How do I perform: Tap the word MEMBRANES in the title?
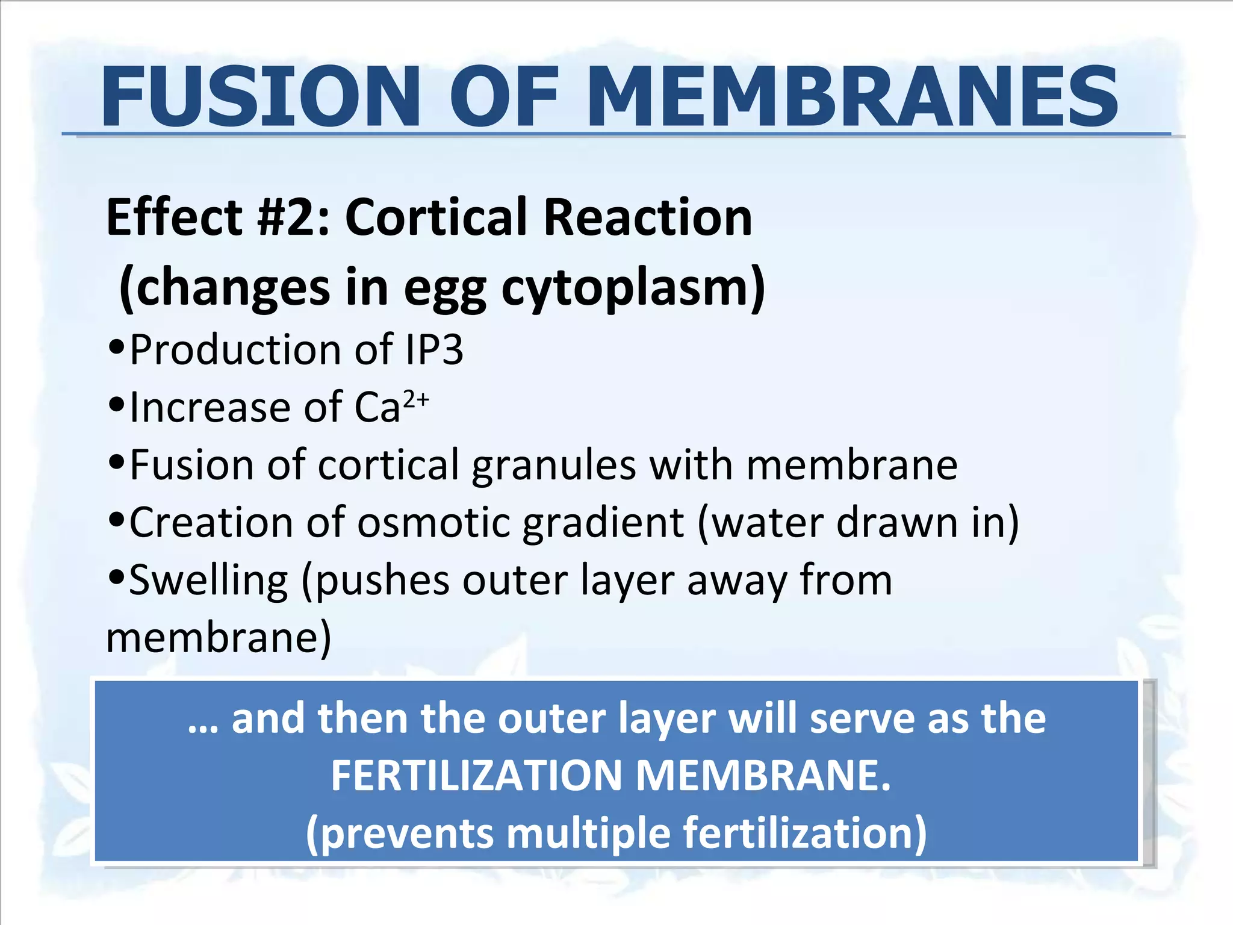(852, 98)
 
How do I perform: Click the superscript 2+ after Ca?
(416, 399)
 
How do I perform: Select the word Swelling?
(208, 581)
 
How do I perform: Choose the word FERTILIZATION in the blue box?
(476, 776)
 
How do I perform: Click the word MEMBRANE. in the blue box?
(763, 776)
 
